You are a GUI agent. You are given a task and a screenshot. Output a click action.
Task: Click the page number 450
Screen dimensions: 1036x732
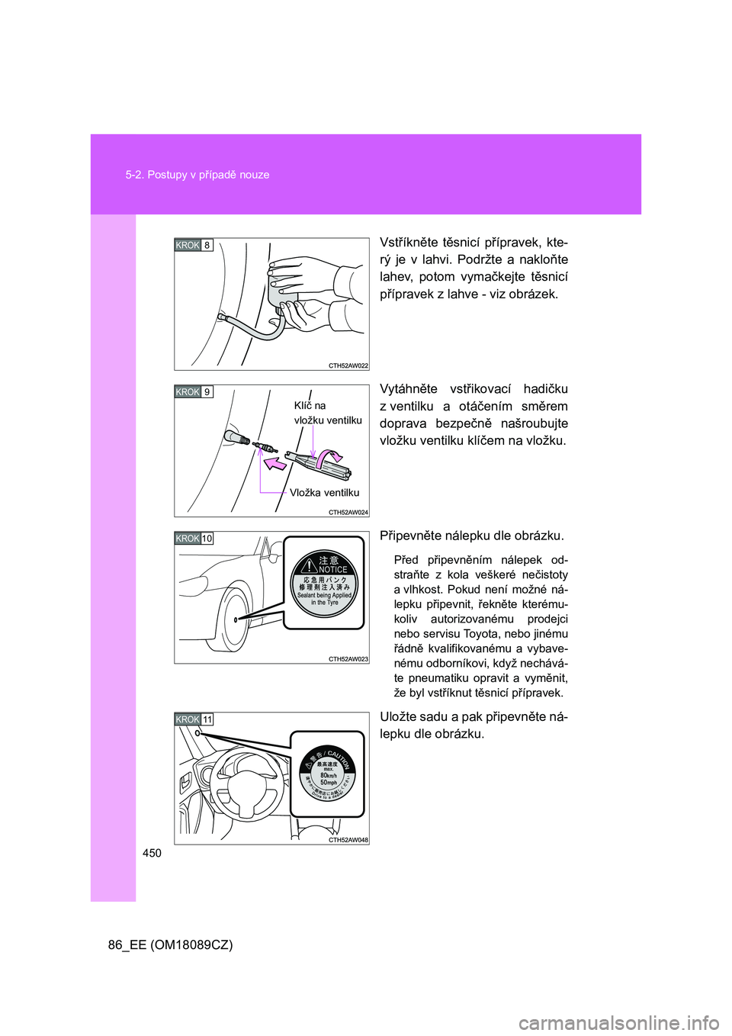(x=152, y=853)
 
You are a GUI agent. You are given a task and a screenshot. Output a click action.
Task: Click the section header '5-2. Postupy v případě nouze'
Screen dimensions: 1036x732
(x=197, y=175)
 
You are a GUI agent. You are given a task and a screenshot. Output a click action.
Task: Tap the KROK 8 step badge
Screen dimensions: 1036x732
(x=194, y=245)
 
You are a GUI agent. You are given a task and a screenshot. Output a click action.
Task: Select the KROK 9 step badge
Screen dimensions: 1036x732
(x=194, y=392)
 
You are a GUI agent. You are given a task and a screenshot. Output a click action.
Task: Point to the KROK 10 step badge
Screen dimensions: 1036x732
(x=194, y=539)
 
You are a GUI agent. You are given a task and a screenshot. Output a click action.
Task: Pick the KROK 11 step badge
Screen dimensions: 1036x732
(x=194, y=719)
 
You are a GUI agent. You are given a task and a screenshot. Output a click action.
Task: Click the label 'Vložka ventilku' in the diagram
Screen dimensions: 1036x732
(x=324, y=493)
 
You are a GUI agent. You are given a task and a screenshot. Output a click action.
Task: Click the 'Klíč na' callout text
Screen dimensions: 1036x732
(x=310, y=406)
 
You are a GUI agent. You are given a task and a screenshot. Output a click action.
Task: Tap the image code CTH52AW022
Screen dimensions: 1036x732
(x=348, y=366)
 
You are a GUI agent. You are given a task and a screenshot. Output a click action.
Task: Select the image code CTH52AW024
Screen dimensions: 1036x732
(x=348, y=513)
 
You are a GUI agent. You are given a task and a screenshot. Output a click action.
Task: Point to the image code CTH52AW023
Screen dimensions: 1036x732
(x=348, y=659)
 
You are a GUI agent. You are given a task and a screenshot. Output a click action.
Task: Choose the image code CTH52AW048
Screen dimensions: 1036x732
(x=348, y=840)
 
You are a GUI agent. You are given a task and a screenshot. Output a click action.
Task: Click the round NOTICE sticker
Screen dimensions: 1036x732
(x=324, y=584)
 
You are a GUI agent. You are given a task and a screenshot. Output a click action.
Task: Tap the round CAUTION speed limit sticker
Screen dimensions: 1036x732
(x=328, y=774)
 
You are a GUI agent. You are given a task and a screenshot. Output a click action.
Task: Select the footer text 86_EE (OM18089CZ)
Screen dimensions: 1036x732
(x=170, y=944)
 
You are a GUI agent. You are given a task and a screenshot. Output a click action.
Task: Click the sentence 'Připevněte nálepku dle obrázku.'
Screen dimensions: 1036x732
(x=472, y=536)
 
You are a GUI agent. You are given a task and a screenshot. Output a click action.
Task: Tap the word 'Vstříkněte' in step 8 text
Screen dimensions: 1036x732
(x=409, y=243)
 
